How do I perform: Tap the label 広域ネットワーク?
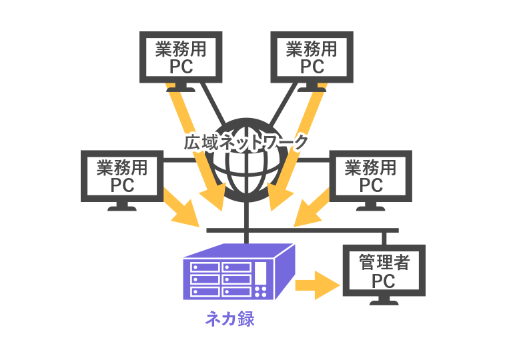(x=247, y=142)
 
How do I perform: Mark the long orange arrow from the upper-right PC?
(x=297, y=147)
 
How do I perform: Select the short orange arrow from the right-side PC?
(x=312, y=207)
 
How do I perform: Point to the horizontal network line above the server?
(x=300, y=230)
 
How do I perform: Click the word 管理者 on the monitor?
(x=384, y=262)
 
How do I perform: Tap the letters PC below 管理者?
(x=384, y=281)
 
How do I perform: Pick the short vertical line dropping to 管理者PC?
(x=384, y=238)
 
